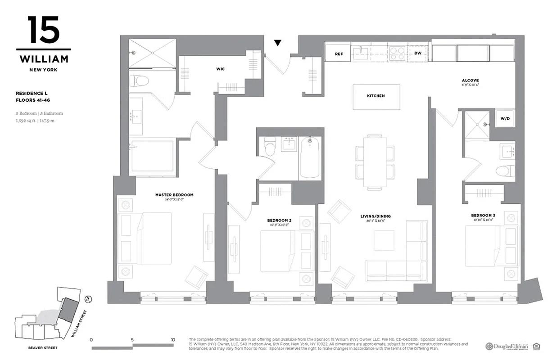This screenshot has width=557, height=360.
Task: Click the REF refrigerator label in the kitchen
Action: (339, 54)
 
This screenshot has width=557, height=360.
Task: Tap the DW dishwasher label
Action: (418, 53)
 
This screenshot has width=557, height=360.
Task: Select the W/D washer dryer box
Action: (504, 119)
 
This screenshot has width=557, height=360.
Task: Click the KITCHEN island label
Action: (376, 96)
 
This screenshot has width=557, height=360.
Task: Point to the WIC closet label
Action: (220, 69)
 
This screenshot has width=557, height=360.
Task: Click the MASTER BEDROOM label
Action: (174, 195)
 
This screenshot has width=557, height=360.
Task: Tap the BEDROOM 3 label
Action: (484, 215)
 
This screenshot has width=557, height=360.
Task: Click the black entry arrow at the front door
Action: (278, 43)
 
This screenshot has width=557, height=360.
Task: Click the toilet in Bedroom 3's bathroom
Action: (504, 171)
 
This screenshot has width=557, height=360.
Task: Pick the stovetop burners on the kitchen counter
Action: (397, 54)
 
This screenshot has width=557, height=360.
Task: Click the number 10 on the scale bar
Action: (173, 340)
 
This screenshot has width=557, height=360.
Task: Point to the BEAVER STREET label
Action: (43, 348)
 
